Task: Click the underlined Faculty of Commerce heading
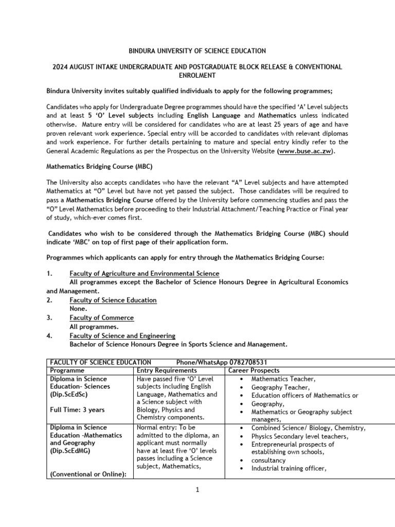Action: pos(101,318)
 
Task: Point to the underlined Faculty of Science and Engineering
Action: pos(122,336)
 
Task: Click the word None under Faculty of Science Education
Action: pos(78,308)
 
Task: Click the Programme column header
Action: pos(67,371)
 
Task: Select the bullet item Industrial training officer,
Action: pos(289,468)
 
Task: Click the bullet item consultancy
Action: pos(269,460)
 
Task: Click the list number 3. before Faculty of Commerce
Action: pos(49,318)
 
